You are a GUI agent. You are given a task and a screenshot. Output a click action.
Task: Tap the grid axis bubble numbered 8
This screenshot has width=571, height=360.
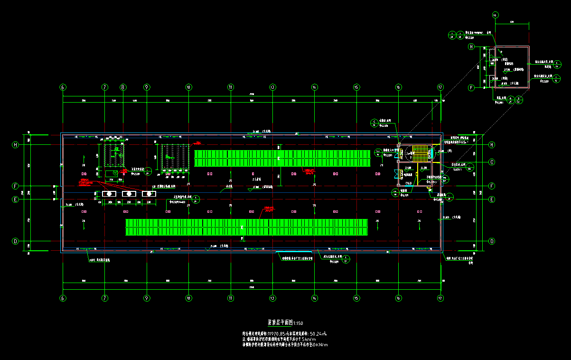tap(122, 87)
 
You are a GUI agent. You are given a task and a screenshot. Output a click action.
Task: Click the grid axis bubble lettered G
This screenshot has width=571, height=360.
tap(492, 162)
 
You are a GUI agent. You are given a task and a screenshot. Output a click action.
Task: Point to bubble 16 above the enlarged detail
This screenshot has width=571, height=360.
tap(495, 15)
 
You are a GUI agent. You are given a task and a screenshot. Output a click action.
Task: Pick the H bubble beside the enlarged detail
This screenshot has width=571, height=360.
tap(471, 47)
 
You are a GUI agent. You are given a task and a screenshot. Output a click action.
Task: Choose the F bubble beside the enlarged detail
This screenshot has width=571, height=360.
tap(471, 88)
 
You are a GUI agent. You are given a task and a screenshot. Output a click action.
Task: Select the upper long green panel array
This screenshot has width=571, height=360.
tap(282, 158)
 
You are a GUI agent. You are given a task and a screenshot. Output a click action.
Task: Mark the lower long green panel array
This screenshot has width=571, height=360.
tap(246, 227)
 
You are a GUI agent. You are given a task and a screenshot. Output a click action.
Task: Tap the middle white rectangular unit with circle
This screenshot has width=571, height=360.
tap(129, 194)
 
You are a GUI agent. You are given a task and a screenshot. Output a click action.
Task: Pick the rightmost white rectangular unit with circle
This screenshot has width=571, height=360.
tap(149, 194)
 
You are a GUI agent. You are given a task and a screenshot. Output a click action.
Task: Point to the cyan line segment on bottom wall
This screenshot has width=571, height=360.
tap(294, 252)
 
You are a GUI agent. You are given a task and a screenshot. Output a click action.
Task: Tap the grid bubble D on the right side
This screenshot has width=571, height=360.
tap(492, 241)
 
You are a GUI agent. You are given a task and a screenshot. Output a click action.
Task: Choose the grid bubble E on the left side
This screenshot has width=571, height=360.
tap(15, 199)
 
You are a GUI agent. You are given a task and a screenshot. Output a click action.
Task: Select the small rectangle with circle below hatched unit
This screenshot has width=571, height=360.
tap(112, 173)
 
